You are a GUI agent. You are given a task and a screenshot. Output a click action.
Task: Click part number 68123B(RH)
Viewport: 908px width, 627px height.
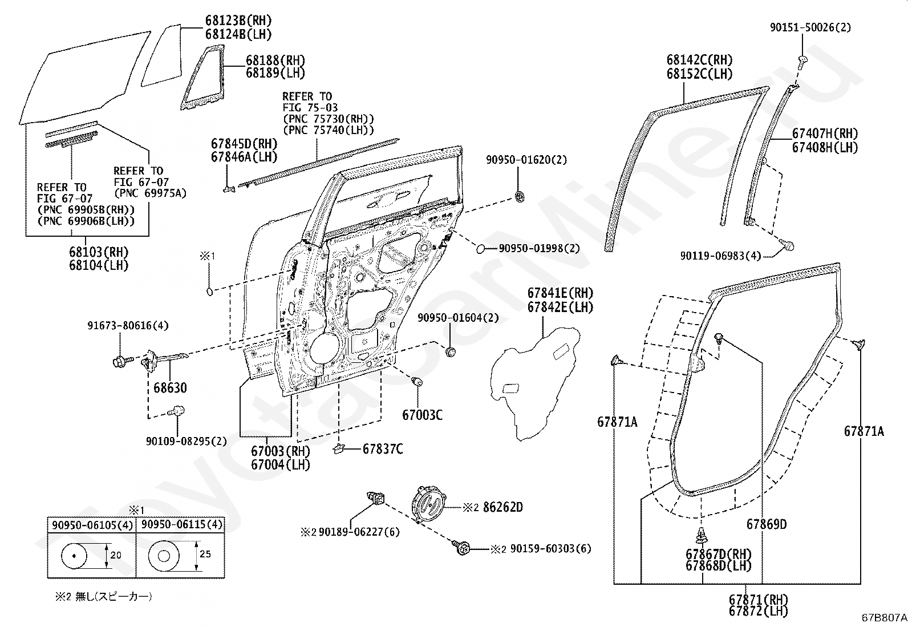coord(238,21)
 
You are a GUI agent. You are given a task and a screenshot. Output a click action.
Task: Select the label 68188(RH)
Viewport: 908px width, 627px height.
coord(275,60)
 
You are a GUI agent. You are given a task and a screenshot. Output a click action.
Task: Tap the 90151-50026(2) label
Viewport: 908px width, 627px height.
coord(810,27)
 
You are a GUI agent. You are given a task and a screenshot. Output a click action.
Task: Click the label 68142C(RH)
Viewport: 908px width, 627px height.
coord(700,60)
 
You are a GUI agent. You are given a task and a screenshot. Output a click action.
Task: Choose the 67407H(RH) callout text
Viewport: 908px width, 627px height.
coord(825,134)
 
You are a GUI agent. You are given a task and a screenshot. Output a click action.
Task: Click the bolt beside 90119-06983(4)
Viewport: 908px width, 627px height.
coord(787,245)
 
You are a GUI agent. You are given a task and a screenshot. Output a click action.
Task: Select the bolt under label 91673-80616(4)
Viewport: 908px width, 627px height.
coord(123,360)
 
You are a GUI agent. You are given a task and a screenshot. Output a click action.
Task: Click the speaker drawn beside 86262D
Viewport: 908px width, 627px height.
coord(429,505)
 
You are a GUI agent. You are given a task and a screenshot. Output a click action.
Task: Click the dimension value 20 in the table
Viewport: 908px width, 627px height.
coord(116,555)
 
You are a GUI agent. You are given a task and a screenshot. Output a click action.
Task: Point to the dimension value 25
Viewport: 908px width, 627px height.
coord(205,554)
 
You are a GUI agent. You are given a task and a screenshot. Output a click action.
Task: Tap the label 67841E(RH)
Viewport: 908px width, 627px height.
coord(560,293)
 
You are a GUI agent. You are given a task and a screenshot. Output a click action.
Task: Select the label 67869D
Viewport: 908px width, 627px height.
coord(767,524)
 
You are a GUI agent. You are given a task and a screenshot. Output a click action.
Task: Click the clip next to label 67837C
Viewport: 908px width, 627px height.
coord(339,448)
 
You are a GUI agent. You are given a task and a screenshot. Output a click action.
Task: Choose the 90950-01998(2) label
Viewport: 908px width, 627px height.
coord(539,248)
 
